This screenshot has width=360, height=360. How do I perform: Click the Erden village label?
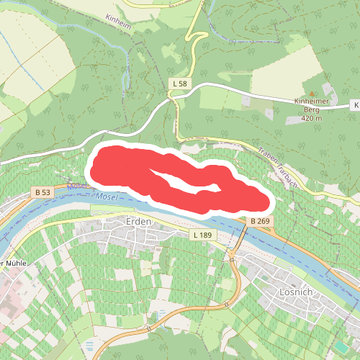coord(138,222)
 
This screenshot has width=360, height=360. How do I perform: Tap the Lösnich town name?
coord(296,293)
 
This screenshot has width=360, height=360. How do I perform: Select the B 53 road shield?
coord(42,193)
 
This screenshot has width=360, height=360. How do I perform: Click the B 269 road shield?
coord(260,220)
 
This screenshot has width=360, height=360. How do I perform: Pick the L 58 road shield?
coord(180,84)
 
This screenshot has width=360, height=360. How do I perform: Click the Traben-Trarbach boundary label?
coord(276,165)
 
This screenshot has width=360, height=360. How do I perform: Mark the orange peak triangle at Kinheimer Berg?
coord(312,94)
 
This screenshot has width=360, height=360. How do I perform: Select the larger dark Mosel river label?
coord(106,197)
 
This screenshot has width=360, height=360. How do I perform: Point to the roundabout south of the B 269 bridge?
coord(233,257)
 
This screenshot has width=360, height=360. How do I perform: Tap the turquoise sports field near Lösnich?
coord(340,347)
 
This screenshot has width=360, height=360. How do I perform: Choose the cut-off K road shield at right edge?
coord(355,106)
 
